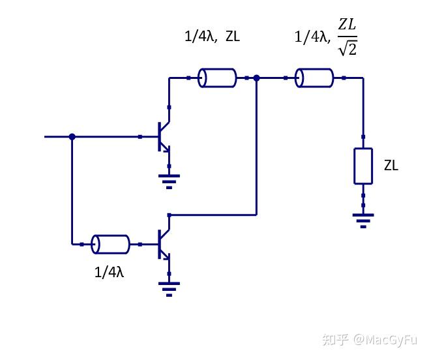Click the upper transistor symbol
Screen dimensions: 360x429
162,137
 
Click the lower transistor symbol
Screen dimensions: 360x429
162,244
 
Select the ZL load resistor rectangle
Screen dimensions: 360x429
363,166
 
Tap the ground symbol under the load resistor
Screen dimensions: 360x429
363,218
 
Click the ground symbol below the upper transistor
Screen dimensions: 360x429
170,179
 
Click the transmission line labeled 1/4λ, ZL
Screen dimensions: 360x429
217,78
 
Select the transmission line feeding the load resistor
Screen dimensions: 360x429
314,78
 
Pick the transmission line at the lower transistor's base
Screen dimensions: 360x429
110,244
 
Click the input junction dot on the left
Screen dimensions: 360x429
72,136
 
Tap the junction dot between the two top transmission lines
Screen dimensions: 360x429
257,78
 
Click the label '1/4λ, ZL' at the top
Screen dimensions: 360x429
212,37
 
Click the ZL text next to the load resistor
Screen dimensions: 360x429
391,166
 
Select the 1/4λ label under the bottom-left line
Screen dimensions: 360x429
109,272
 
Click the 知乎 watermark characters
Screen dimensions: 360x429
336,339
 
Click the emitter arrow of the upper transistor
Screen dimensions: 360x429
168,149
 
